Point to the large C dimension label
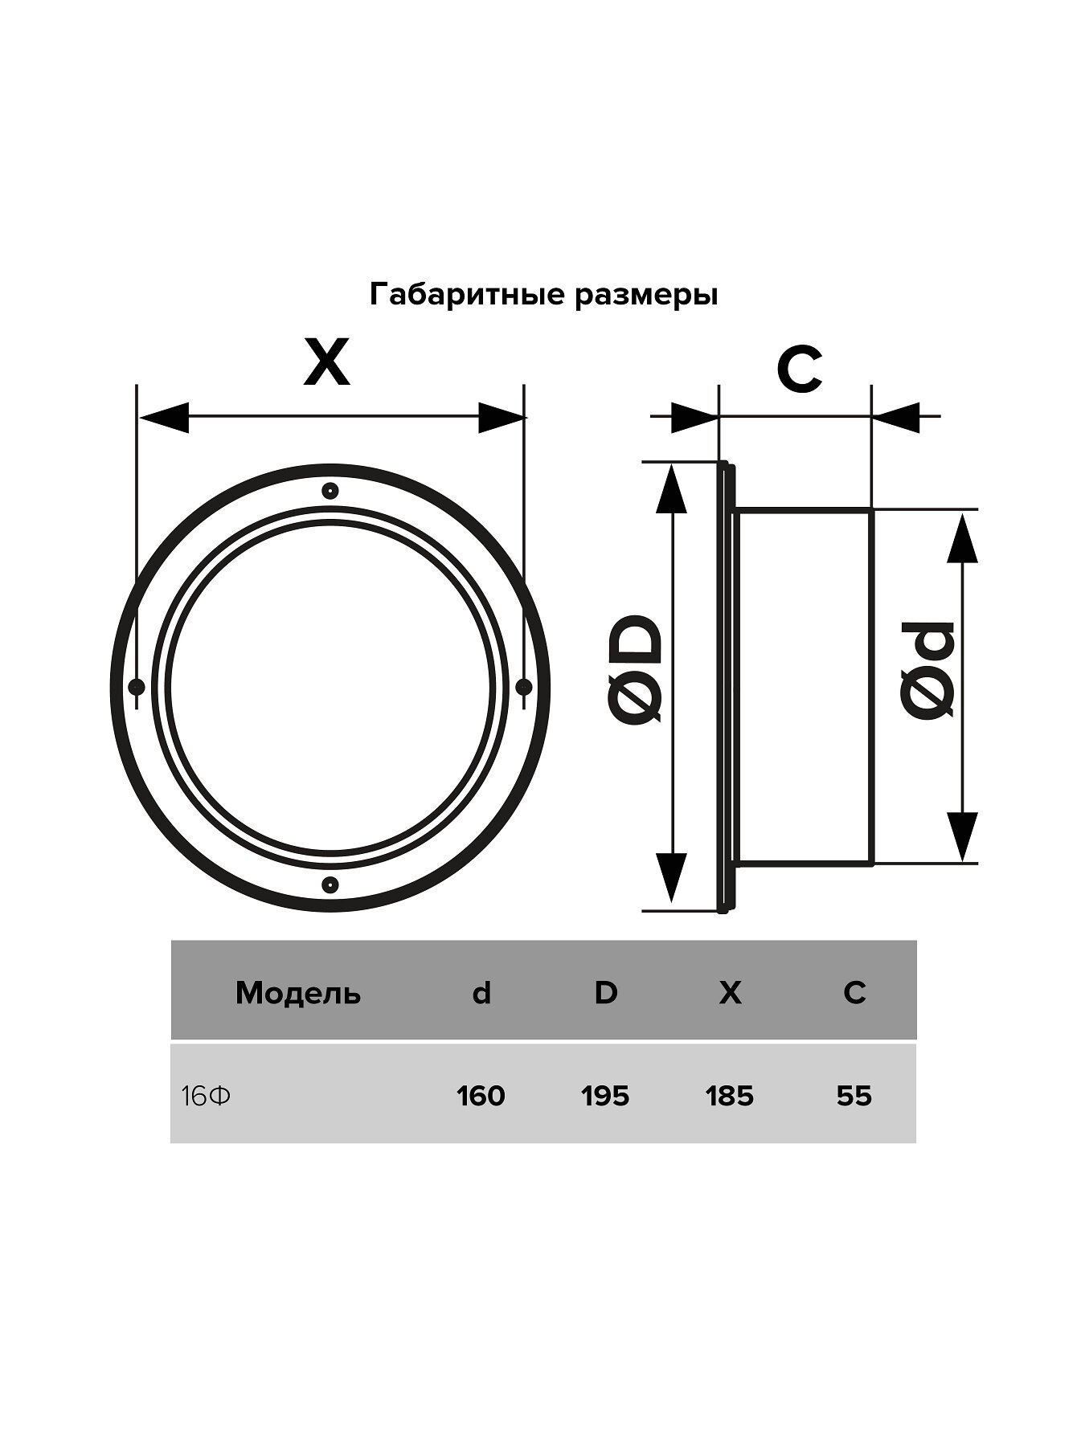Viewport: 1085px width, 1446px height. [799, 370]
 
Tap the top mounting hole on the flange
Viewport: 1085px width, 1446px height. [330, 491]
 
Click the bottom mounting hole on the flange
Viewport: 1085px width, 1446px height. [330, 884]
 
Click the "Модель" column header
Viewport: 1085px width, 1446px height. [298, 994]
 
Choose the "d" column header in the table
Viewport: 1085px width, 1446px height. [481, 994]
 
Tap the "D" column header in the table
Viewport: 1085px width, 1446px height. [605, 993]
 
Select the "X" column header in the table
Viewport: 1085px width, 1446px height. [730, 993]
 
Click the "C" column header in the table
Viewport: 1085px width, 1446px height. [854, 993]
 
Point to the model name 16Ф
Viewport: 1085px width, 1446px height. [206, 1096]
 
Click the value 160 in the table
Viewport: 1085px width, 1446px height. [481, 1096]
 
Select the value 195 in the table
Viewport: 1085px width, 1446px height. [605, 1096]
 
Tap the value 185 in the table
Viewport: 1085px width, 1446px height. [730, 1096]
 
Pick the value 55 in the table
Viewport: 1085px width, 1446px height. [854, 1096]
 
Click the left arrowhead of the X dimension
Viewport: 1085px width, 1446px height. [163, 418]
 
